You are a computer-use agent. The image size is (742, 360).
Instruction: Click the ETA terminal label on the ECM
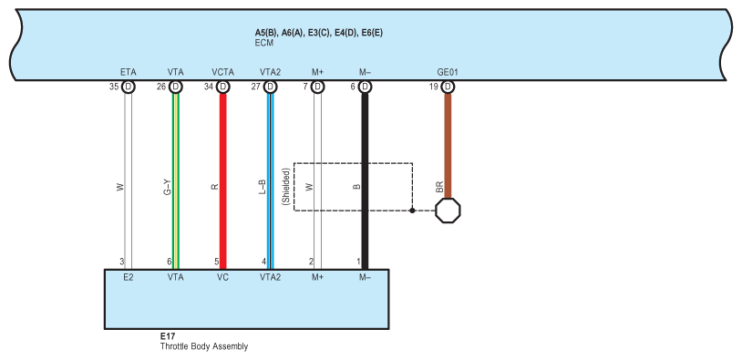pyautogui.click(x=129, y=72)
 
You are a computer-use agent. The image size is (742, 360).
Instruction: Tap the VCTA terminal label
pyautogui.click(x=223, y=72)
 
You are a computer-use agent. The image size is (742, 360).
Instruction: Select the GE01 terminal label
pyautogui.click(x=448, y=72)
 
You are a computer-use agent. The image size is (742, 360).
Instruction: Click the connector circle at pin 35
pyautogui.click(x=129, y=87)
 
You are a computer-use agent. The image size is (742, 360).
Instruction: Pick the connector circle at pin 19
pyautogui.click(x=448, y=87)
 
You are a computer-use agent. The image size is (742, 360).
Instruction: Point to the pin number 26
pyautogui.click(x=161, y=87)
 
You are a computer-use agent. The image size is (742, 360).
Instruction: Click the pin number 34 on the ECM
pyautogui.click(x=209, y=87)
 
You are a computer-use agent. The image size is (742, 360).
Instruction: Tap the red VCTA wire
pyautogui.click(x=223, y=181)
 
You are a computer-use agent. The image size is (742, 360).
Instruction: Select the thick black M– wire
pyautogui.click(x=365, y=181)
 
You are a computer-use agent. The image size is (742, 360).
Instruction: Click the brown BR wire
pyautogui.click(x=448, y=146)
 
